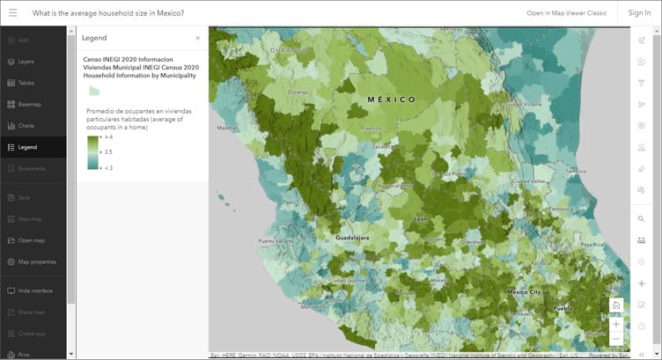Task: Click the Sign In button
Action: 639,13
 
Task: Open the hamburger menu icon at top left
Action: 13,13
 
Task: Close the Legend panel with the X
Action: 197,38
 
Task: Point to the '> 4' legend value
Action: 108,137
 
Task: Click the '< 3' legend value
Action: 108,167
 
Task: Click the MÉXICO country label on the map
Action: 391,100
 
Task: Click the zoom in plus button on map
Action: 616,323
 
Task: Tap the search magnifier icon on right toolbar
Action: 641,218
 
